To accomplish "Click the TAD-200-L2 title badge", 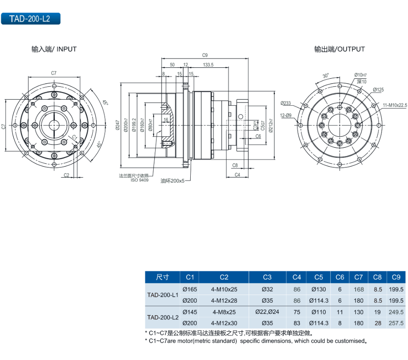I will point(31,19).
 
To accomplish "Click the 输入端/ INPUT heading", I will point(54,49).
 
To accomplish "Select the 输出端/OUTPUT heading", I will point(339,49).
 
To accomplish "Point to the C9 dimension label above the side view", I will point(205,55).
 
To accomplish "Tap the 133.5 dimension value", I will point(208,65).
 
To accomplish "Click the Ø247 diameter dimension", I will point(118,126).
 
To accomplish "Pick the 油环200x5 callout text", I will point(172,181).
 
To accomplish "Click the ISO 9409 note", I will point(139,180).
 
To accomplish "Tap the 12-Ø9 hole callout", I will point(285,116).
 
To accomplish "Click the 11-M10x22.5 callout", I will point(395,105).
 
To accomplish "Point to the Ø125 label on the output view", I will point(378,90).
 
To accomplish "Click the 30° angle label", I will point(326,75).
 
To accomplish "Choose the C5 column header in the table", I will point(318,277).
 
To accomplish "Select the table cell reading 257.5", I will point(396,323).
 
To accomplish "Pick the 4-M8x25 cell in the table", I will point(224,312).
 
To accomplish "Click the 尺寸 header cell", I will point(162,277).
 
